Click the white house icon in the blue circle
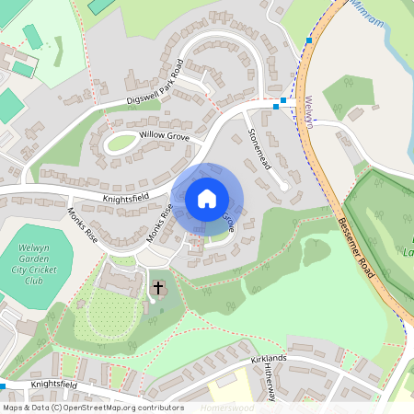(206, 198)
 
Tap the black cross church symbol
(158, 289)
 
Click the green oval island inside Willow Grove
(120, 144)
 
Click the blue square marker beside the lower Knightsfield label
(3, 386)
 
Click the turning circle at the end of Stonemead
(285, 188)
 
